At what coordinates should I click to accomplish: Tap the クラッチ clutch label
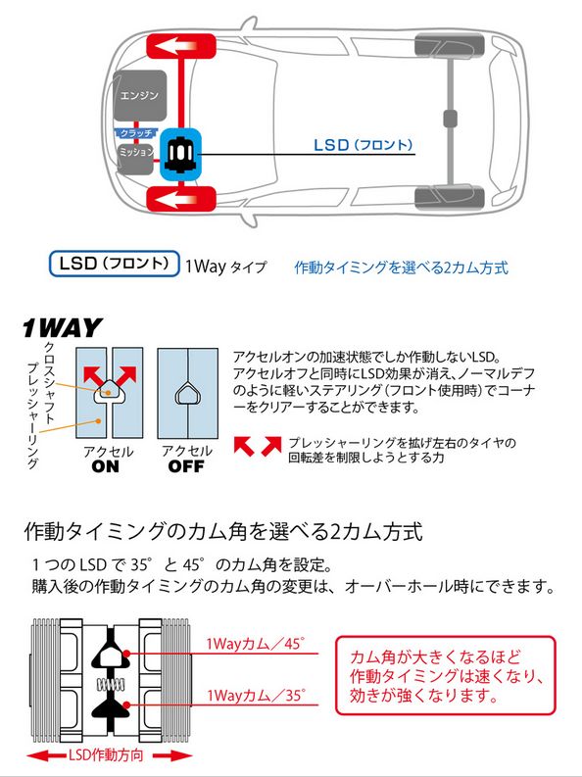[x=134, y=132]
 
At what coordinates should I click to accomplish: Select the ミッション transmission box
[x=136, y=154]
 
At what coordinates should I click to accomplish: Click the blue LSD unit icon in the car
[x=179, y=154]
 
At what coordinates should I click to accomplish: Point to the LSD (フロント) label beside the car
[x=363, y=144]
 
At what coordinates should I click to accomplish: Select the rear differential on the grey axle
[x=451, y=119]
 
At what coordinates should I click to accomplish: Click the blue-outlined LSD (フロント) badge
[x=114, y=265]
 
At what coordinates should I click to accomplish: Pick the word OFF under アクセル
[x=186, y=467]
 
